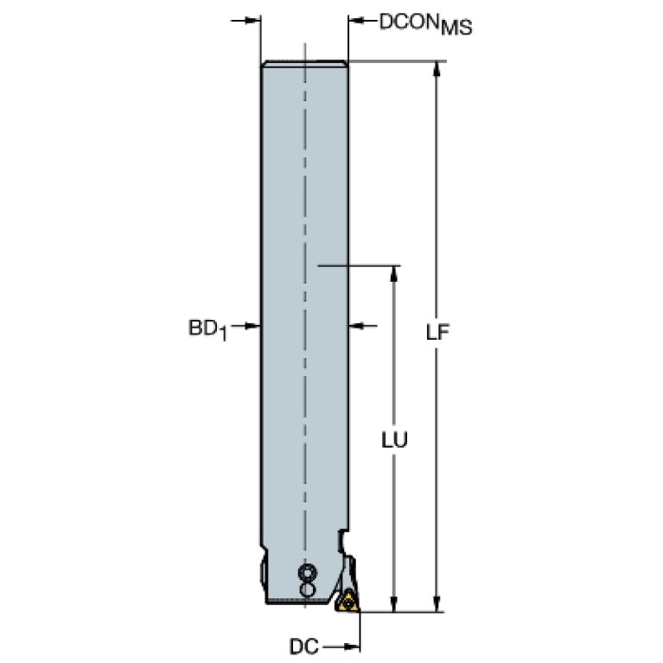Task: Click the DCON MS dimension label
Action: [425, 24]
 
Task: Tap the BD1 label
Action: [207, 329]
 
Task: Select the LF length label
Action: [437, 332]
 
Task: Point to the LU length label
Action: [394, 440]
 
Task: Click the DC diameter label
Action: [304, 647]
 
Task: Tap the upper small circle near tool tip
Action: [308, 572]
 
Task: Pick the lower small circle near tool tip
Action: [308, 590]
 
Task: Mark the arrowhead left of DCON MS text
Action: [356, 20]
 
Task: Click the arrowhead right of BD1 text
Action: [253, 326]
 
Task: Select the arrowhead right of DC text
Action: [352, 647]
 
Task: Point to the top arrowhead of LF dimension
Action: [437, 70]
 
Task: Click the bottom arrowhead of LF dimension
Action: [437, 603]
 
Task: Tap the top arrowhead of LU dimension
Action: [394, 274]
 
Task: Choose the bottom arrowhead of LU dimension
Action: [394, 603]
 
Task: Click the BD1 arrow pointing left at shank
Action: [356, 326]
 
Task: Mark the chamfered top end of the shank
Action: [304, 63]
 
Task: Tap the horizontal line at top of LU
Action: [359, 266]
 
